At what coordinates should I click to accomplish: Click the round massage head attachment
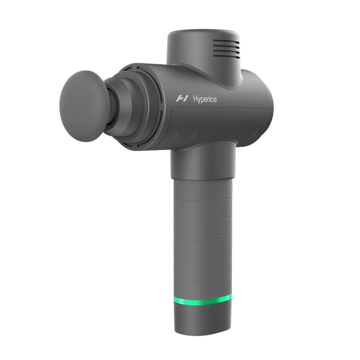pos(83,105)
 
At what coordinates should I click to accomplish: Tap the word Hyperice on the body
pos(205,99)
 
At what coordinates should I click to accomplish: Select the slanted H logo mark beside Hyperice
pos(182,99)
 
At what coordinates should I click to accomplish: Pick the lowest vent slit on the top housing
pos(227,55)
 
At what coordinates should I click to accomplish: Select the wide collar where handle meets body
pos(203,160)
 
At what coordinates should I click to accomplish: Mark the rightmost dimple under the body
pos(253,135)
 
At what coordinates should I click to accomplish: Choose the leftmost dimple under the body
pos(175,136)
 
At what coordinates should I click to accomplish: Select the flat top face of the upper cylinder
pos(204,35)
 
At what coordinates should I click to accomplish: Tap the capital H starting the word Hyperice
pos(195,99)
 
